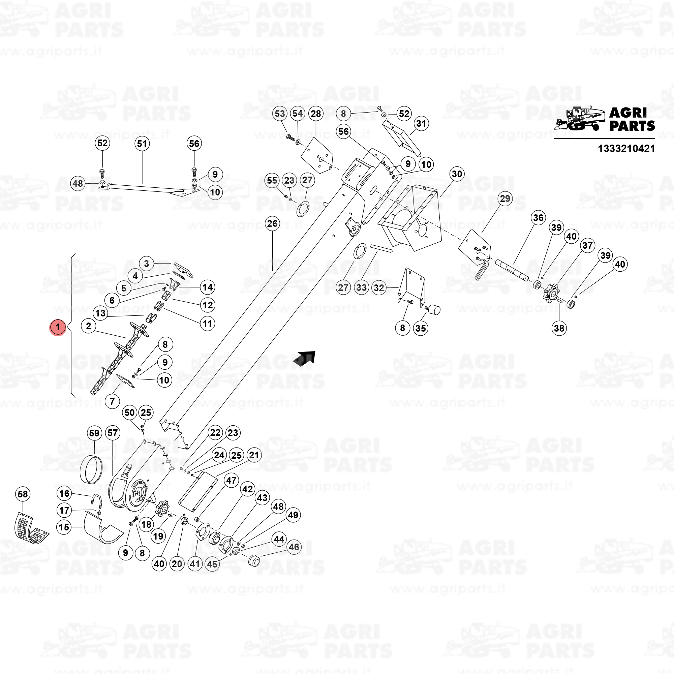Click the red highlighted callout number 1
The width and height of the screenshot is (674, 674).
pyautogui.click(x=58, y=327)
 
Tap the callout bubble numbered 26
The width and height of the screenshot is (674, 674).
pyautogui.click(x=272, y=224)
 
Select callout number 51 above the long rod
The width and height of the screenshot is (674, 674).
pyautogui.click(x=142, y=144)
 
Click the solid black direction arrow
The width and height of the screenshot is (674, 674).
pyautogui.click(x=305, y=359)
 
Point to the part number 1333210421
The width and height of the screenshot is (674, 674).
pyautogui.click(x=626, y=149)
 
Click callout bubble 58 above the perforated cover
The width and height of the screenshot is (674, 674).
pyautogui.click(x=23, y=494)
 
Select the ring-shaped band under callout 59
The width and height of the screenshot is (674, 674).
pyautogui.click(x=92, y=469)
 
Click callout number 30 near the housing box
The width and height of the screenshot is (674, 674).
pyautogui.click(x=457, y=174)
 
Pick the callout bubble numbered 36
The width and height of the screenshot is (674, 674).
pyautogui.click(x=538, y=218)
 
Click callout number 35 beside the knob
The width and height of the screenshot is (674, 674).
pyautogui.click(x=420, y=328)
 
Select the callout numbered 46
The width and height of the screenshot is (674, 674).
pyautogui.click(x=294, y=547)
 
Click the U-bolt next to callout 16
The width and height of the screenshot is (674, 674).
pyautogui.click(x=97, y=501)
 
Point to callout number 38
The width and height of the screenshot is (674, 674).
pyautogui.click(x=559, y=328)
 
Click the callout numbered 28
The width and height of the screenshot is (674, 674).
pyautogui.click(x=316, y=114)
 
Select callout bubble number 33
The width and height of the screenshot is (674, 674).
pyautogui.click(x=361, y=288)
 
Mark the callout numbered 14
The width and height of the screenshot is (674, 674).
pyautogui.click(x=208, y=287)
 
